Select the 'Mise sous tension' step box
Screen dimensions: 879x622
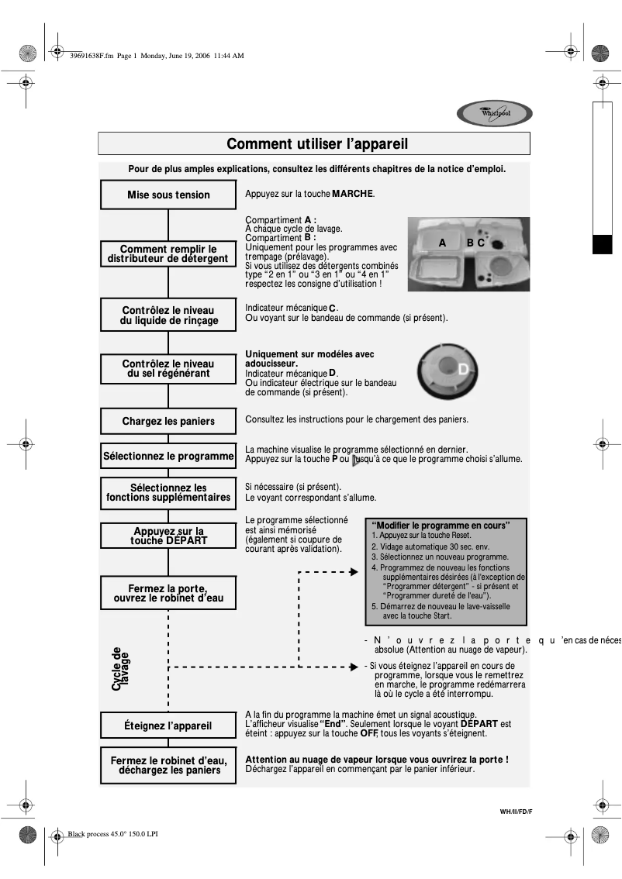[x=168, y=195]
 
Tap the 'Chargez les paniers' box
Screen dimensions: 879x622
[x=168, y=422]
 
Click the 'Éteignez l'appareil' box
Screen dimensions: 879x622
[x=168, y=726]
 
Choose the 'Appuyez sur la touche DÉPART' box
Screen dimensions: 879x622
[x=168, y=536]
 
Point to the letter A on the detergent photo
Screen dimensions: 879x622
[x=442, y=243]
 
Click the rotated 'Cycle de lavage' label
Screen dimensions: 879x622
[x=121, y=669]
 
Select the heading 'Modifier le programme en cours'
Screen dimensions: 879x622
[x=441, y=526]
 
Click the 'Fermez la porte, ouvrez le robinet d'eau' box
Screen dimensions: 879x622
[x=168, y=593]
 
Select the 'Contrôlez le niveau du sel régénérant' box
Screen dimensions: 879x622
[x=168, y=368]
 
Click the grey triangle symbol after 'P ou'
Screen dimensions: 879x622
[x=356, y=459]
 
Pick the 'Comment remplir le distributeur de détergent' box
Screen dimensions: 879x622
[x=168, y=253]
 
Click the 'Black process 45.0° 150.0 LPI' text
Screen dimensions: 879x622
[x=113, y=835]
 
